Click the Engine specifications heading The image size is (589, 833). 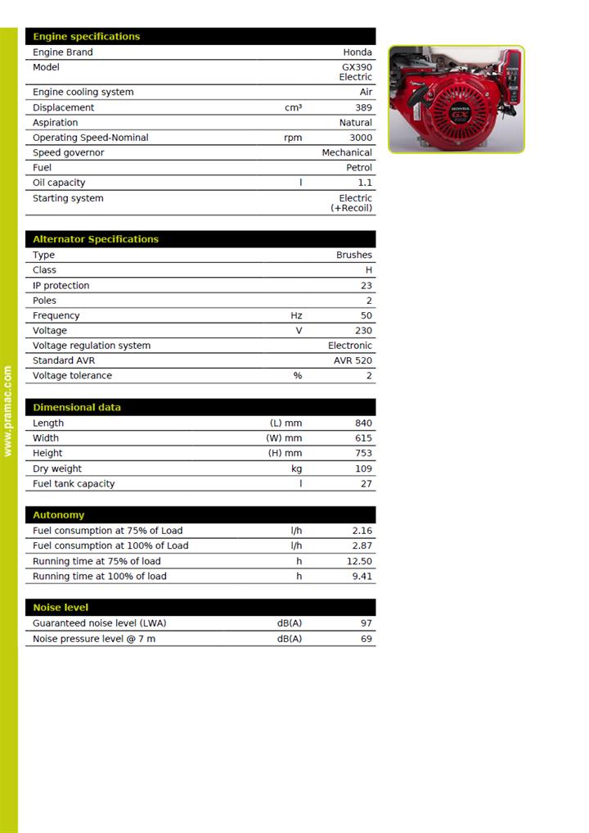[x=86, y=37]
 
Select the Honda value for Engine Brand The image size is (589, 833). [x=357, y=52]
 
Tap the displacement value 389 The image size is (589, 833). [x=363, y=107]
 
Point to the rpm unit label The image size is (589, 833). [x=293, y=138]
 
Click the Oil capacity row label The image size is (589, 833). [x=59, y=183]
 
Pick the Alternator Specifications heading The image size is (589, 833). [x=96, y=239]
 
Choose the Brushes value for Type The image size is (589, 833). [x=353, y=255]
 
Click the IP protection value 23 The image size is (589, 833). [x=366, y=285]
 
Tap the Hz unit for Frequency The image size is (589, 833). [x=296, y=315]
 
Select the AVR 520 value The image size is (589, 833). [x=353, y=360]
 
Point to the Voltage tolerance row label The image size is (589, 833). [x=72, y=375]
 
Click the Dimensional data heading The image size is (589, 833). [x=77, y=407]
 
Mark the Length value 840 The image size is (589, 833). [x=363, y=423]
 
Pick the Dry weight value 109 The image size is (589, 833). [x=363, y=469]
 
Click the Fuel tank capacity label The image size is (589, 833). [x=74, y=483]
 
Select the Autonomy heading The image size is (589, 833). [x=58, y=515]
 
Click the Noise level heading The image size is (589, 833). [x=61, y=608]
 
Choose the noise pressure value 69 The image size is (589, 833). [x=366, y=638]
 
